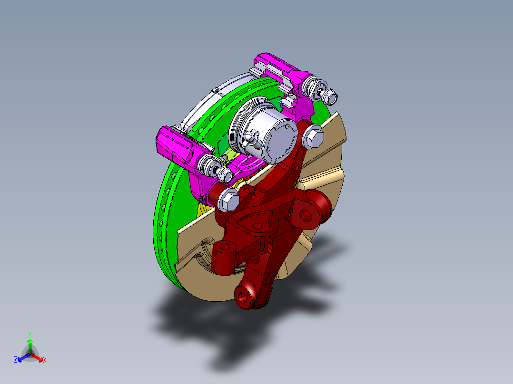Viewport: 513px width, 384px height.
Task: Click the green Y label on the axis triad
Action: (x=30, y=335)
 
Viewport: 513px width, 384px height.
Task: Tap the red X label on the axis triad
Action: (x=45, y=360)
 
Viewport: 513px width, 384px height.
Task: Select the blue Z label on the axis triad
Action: (x=16, y=359)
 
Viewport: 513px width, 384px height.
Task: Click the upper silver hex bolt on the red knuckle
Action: (x=313, y=136)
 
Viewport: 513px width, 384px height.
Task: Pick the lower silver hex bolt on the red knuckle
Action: (x=228, y=199)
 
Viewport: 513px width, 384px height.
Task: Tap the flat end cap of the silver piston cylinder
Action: (x=281, y=141)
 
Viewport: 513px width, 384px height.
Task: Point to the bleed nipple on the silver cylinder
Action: (x=251, y=137)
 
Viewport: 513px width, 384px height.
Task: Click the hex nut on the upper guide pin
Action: (x=330, y=96)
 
